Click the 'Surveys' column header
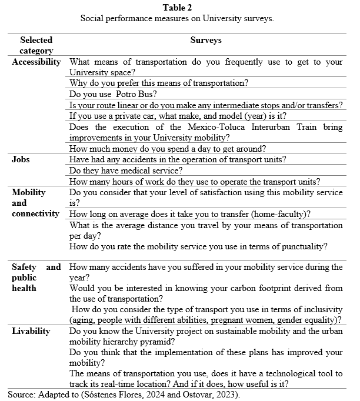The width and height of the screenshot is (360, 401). tap(205, 41)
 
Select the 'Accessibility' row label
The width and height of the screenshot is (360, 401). tap(36, 62)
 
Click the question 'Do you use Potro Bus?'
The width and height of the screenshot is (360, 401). tap(113, 94)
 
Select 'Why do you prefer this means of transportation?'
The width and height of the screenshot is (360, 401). tap(159, 83)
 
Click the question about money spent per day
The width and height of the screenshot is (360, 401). tap(168, 149)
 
